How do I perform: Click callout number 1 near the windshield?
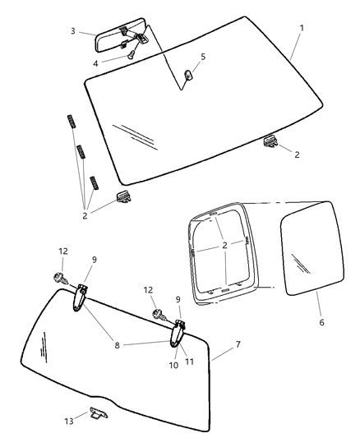tap(301, 28)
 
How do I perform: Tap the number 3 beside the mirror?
tap(73, 30)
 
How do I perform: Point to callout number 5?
tap(204, 57)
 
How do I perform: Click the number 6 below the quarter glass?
tap(321, 322)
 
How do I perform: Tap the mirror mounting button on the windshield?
tap(187, 75)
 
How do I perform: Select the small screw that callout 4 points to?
tap(131, 54)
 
